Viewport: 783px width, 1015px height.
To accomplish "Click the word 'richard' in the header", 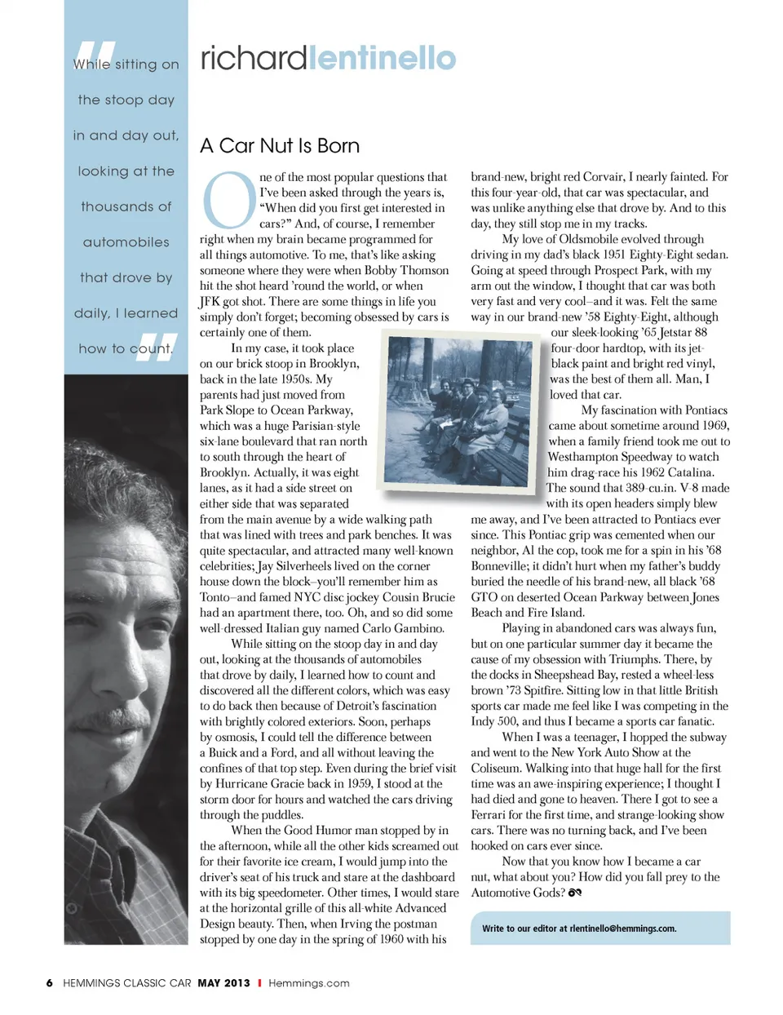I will pos(253,58).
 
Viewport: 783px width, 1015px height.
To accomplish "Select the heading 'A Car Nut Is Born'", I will pos(280,146).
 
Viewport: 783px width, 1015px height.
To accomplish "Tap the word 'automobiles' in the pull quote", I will pos(126,242).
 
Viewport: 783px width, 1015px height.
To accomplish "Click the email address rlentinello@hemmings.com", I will pos(623,929).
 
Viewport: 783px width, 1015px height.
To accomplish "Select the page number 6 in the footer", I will pos(50,983).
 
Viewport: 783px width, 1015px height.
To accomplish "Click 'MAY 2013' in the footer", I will pos(223,983).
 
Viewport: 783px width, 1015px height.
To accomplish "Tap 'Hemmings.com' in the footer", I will pos(309,983).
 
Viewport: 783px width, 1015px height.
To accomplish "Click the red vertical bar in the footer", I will pos(259,983).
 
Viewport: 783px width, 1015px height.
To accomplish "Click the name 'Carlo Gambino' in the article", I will pos(405,628).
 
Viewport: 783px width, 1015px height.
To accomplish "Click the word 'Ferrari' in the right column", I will pos(492,815).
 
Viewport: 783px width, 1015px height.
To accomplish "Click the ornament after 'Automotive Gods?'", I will pos(575,893).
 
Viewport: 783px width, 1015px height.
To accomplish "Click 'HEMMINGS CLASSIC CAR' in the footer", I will pos(127,983).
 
